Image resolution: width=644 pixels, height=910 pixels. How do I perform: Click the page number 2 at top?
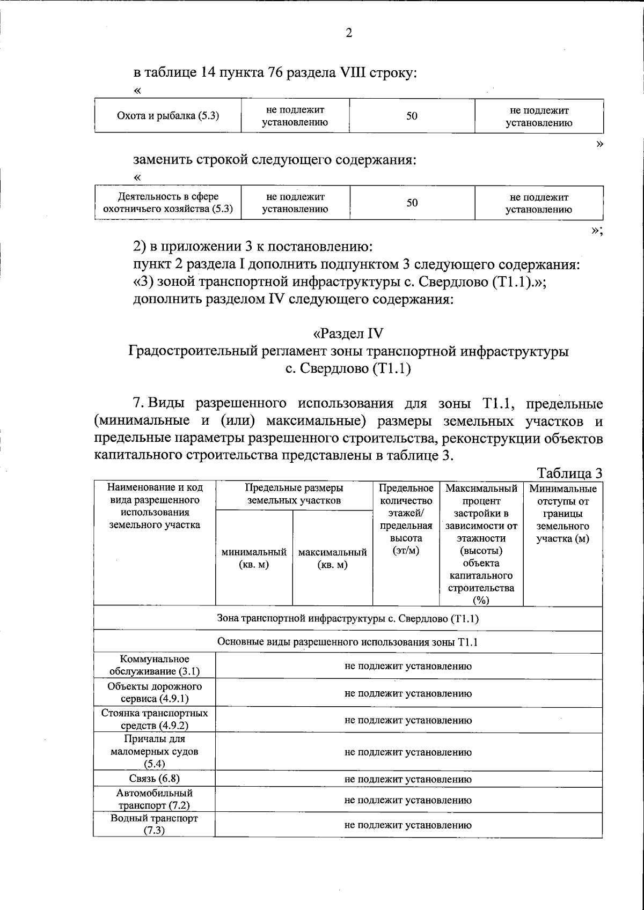click(x=349, y=33)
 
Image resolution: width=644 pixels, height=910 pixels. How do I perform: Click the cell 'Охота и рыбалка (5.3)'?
click(x=168, y=115)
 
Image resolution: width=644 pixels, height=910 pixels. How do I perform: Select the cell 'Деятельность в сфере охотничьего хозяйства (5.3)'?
click(x=168, y=203)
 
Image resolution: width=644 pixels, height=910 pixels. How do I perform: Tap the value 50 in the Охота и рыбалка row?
click(x=412, y=115)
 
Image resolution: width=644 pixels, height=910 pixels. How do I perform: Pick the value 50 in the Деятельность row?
click(x=412, y=203)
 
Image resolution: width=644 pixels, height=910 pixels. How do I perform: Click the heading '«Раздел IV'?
click(x=348, y=333)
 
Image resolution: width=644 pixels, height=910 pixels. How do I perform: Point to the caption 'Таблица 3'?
click(x=570, y=474)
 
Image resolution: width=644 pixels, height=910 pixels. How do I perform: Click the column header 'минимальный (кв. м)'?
click(x=254, y=558)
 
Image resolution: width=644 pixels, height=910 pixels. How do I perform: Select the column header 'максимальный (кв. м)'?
click(x=332, y=558)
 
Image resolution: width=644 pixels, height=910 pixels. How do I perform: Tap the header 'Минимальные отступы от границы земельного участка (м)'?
click(x=562, y=513)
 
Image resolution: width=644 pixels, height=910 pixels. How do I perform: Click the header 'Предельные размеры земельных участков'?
click(x=294, y=494)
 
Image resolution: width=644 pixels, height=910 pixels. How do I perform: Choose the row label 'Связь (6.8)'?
click(x=155, y=779)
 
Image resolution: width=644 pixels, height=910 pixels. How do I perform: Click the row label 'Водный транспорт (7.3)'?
click(x=155, y=824)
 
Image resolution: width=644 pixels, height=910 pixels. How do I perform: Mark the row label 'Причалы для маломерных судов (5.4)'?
click(x=155, y=751)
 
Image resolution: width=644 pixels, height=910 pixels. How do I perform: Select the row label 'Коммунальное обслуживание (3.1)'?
click(x=155, y=665)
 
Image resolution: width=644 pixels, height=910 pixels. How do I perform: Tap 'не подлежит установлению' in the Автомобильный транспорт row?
click(x=408, y=800)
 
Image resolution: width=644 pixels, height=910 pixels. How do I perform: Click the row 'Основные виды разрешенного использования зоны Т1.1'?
click(x=348, y=642)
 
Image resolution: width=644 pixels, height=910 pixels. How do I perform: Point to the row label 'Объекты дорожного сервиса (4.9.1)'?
click(x=155, y=692)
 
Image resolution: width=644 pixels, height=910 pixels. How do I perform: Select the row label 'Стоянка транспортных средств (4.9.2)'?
click(x=155, y=719)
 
